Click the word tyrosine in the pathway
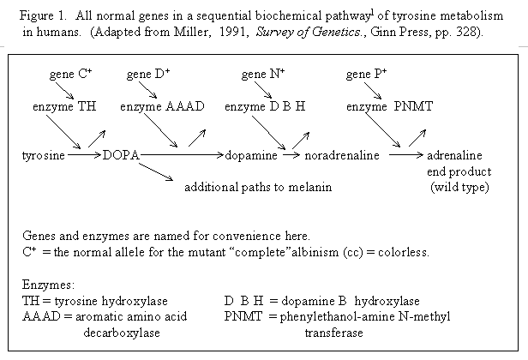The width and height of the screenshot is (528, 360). pos(43,156)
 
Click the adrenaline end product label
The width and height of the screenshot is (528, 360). pos(458,156)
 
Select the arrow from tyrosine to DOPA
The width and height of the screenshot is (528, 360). pos(83,156)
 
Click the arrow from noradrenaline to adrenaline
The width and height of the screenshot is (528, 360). pos(406,156)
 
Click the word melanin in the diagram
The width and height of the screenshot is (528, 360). pos(311,186)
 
